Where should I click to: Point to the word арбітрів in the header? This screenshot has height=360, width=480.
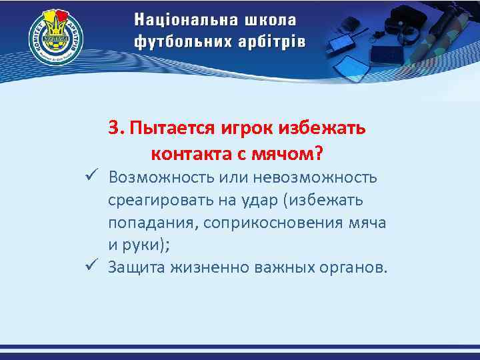[274, 41]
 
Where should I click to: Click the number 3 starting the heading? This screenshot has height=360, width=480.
[115, 128]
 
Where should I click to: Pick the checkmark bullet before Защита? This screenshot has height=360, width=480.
[92, 267]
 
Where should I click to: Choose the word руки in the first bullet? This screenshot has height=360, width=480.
[143, 245]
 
